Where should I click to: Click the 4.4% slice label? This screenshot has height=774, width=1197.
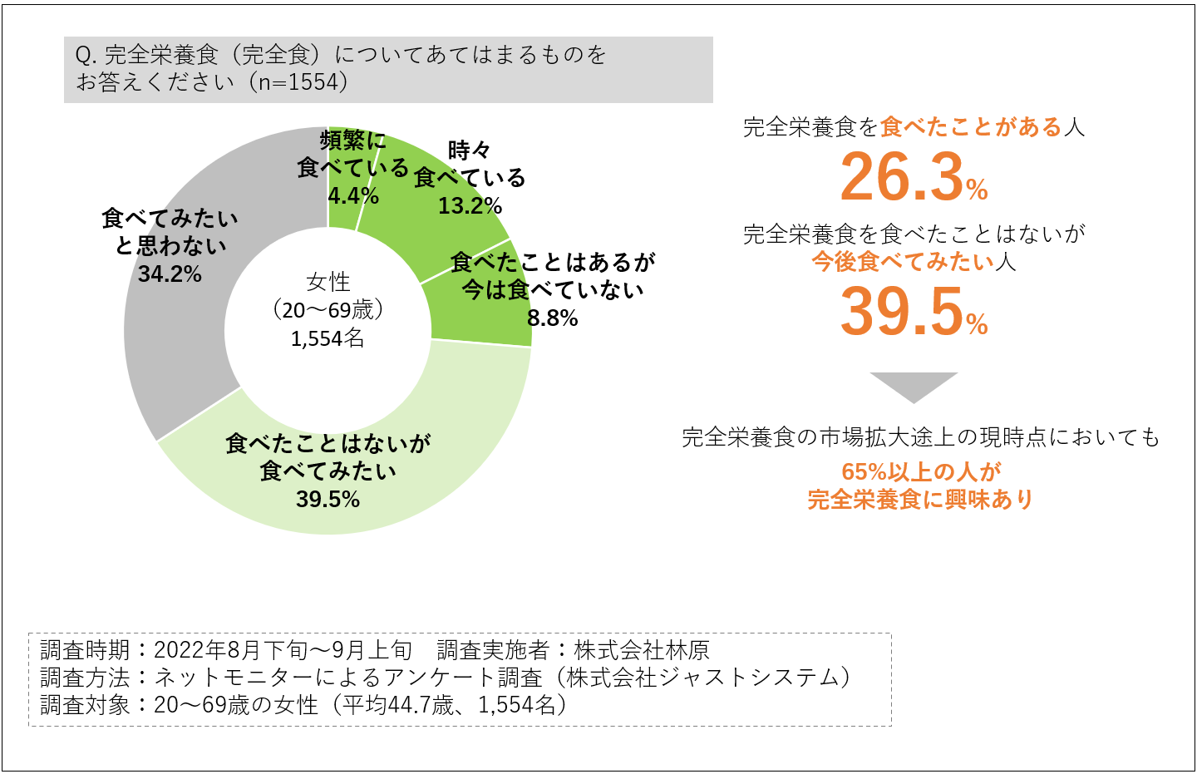353,196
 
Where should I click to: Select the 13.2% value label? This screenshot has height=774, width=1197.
470,206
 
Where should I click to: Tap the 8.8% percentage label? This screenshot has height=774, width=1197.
552,318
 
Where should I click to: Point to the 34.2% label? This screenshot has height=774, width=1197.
170,274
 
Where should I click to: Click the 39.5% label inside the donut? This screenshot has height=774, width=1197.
328,500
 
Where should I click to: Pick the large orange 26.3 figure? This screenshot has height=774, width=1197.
901,178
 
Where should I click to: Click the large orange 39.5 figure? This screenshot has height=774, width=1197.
901,313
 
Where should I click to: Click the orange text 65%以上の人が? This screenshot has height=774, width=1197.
921,472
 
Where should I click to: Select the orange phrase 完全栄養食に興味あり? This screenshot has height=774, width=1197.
921,500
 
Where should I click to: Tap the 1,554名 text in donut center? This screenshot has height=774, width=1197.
328,338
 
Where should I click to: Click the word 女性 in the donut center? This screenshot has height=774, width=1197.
328,282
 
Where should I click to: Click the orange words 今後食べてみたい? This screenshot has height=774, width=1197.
903,262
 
